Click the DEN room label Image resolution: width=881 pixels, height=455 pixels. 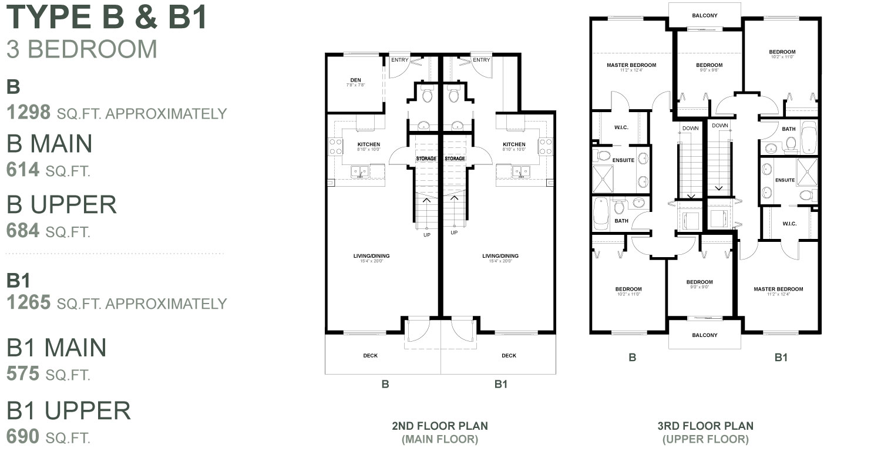click(356, 80)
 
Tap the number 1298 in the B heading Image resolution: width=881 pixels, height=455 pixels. click(28, 113)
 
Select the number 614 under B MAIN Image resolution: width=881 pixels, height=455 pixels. click(23, 170)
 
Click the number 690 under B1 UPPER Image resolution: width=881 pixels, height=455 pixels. click(23, 437)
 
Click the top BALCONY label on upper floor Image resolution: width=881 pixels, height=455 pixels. click(705, 16)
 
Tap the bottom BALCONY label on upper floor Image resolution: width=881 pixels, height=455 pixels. click(705, 335)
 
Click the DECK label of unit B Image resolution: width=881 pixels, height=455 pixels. click(371, 356)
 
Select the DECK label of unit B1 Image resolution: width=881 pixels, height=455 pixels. click(509, 356)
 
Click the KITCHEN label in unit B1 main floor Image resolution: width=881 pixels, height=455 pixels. click(514, 144)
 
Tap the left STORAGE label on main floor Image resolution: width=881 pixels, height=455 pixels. click(426, 159)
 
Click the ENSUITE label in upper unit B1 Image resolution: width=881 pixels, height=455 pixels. click(785, 180)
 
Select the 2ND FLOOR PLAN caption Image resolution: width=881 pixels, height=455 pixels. click(440, 426)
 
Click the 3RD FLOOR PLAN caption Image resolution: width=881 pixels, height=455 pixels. click(705, 426)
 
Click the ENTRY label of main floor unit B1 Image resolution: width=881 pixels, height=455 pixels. click(481, 60)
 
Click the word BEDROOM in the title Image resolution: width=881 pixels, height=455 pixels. click(92, 49)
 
